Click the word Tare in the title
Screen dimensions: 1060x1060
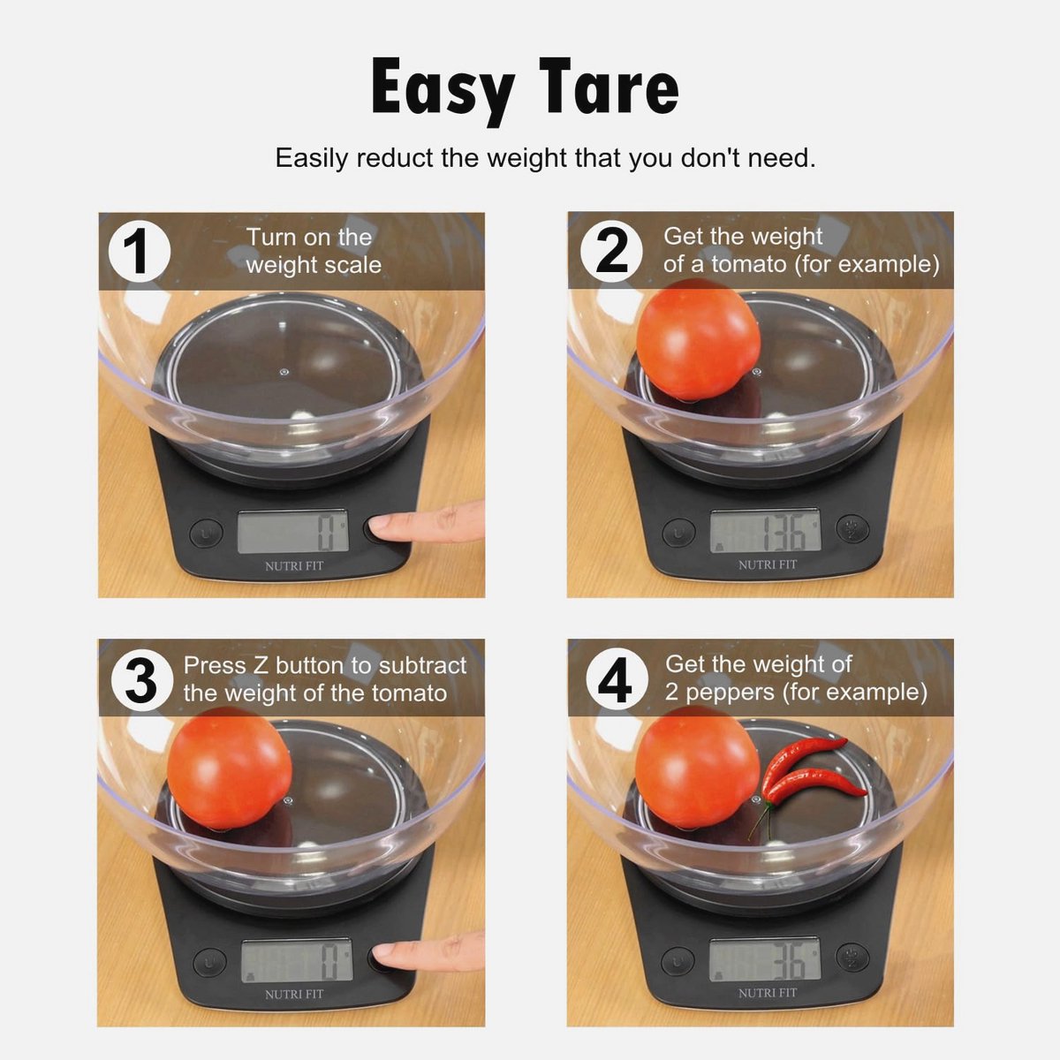609,86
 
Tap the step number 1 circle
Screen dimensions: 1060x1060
140,252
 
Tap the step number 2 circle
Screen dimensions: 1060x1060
610,252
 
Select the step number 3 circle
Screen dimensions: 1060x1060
142,680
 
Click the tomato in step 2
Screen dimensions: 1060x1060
699,339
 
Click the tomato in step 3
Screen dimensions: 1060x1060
230,768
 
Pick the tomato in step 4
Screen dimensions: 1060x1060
698,767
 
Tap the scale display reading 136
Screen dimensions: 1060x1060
765,531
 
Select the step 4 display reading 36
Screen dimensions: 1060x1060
765,960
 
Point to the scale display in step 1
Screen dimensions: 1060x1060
292,532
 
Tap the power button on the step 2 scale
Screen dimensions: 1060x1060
678,533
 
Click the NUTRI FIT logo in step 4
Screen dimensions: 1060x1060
768,993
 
